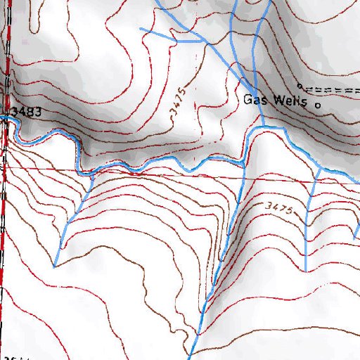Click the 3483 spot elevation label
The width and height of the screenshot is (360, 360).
pyautogui.click(x=27, y=112)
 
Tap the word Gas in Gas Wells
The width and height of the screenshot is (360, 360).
pyautogui.click(x=253, y=99)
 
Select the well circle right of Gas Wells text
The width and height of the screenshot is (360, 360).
pyautogui.click(x=316, y=105)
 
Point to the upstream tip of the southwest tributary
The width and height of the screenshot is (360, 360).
pyautogui.click(x=54, y=266)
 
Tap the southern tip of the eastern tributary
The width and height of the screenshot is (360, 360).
pyautogui.click(x=307, y=271)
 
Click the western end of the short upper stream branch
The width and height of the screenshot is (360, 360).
pyautogui.click(x=141, y=29)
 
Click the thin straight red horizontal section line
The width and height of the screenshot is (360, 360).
pyautogui.click(x=176, y=174)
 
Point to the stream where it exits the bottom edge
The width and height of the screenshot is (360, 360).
pyautogui.click(x=190, y=357)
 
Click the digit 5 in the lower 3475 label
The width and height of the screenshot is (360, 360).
pyautogui.click(x=288, y=210)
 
